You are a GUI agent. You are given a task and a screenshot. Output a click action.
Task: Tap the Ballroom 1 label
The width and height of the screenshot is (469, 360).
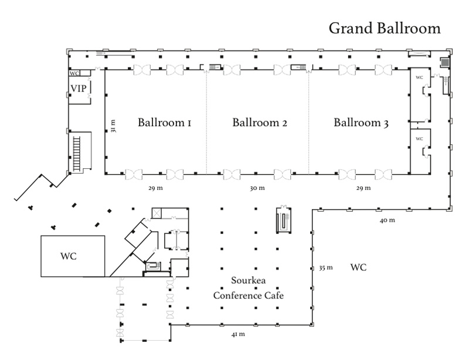point(165,123)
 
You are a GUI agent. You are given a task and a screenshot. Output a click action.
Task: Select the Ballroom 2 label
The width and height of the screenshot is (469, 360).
point(260,123)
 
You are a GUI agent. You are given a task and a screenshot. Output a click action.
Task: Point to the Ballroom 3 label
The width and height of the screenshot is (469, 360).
point(361,123)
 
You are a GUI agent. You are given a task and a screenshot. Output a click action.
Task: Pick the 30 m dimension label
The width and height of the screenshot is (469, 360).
point(258,189)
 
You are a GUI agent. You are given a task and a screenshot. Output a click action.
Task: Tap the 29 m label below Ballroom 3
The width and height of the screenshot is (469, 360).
point(363,189)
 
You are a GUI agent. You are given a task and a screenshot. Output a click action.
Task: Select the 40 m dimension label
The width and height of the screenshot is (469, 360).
point(388,220)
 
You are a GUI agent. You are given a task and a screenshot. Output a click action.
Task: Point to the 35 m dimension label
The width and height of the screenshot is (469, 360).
point(325,268)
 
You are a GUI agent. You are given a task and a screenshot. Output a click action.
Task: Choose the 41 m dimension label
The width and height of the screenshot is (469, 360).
point(237,334)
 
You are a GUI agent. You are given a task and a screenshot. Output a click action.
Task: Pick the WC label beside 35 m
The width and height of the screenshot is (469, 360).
point(359,268)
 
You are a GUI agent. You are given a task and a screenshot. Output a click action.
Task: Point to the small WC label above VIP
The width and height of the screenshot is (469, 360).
point(74,74)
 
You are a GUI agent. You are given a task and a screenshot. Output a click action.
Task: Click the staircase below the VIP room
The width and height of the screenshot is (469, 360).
point(76,151)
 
